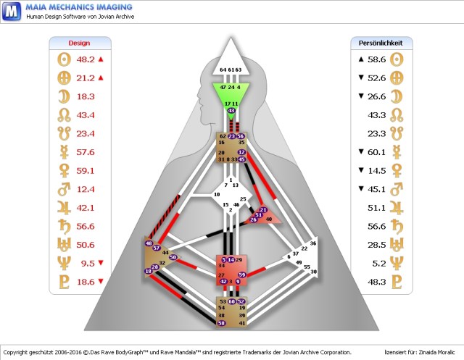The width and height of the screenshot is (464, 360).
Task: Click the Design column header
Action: [79, 43]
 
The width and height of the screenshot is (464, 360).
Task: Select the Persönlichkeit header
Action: [385, 43]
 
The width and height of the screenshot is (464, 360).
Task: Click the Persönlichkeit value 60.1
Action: [377, 152]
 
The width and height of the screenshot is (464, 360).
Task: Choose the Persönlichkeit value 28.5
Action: [377, 245]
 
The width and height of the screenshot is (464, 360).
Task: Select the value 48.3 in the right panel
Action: [377, 282]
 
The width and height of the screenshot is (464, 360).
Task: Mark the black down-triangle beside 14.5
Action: [361, 171]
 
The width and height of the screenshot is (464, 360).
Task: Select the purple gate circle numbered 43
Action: [231, 110]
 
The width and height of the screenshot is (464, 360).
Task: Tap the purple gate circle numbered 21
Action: [262, 210]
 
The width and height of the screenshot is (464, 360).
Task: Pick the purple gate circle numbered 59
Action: [241, 275]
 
